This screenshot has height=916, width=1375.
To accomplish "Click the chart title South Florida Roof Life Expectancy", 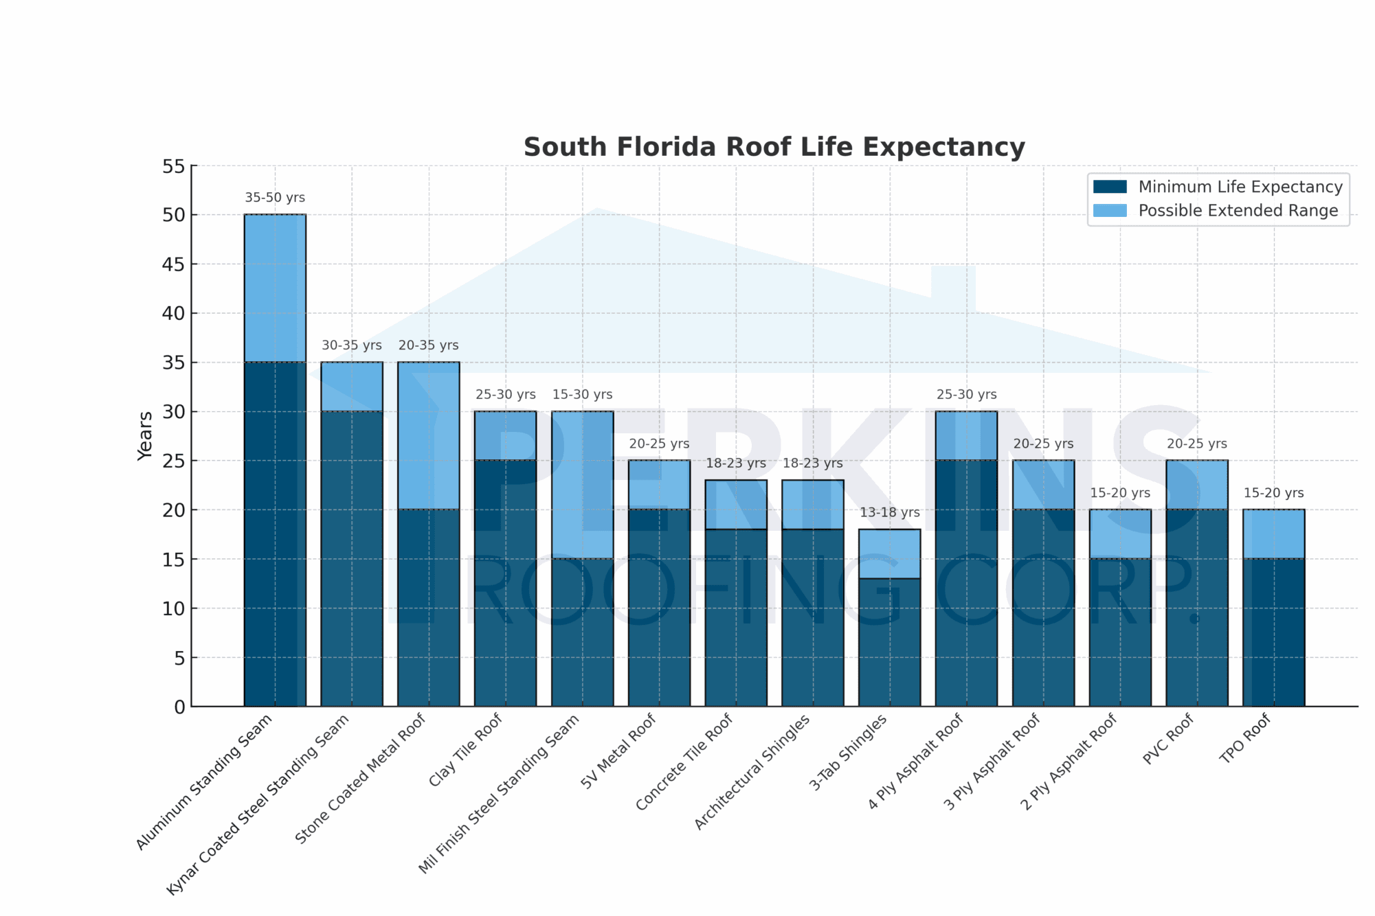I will tap(774, 148).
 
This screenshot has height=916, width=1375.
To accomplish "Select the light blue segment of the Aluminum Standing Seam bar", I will tap(275, 288).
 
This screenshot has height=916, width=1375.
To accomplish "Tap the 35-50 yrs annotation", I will tap(275, 198).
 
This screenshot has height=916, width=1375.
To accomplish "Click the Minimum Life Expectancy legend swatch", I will tap(1110, 187).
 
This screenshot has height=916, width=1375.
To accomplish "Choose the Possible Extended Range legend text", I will tap(1238, 211).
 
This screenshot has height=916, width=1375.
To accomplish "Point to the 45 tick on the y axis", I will tap(174, 264).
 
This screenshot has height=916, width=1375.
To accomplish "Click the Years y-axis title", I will tap(145, 436).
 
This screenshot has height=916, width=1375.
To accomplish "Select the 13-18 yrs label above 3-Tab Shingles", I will tap(889, 512).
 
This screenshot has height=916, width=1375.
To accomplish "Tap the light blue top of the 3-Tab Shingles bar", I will tap(889, 553).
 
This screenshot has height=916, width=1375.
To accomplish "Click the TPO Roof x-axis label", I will tap(1244, 739).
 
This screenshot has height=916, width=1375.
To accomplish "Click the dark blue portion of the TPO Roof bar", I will tap(1273, 632).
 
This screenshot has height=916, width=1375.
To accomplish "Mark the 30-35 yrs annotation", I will tap(351, 345).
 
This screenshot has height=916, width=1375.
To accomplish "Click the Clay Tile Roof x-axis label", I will tap(465, 751).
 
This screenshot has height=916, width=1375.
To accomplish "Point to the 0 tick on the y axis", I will tap(179, 707).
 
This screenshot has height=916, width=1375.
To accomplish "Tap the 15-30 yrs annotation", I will tap(582, 395).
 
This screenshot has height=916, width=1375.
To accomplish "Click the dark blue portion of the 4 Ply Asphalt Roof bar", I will tap(966, 584).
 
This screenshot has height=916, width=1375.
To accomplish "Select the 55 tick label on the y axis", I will tap(174, 166).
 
